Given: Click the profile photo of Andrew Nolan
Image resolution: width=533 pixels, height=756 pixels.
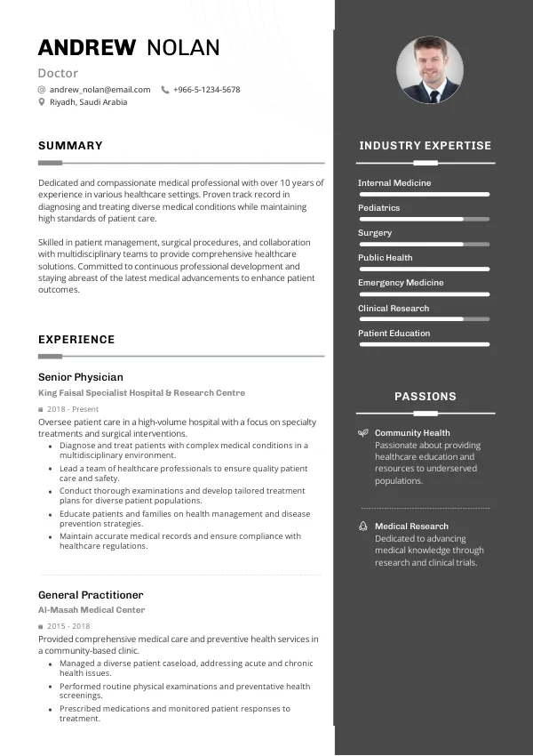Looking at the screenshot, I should pyautogui.click(x=430, y=70).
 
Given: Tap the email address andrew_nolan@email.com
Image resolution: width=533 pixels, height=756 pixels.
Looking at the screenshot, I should pyautogui.click(x=99, y=90).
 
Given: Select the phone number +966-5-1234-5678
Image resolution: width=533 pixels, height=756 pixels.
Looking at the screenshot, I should pyautogui.click(x=206, y=90).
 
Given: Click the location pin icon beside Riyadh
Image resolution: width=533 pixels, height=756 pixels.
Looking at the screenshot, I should pyautogui.click(x=42, y=102).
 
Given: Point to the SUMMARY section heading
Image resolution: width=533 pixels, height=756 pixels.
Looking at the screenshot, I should pyautogui.click(x=70, y=146).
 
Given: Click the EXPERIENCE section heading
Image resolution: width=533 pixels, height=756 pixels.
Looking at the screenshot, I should pyautogui.click(x=76, y=340).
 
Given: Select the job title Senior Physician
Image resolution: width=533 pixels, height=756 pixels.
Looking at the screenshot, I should pyautogui.click(x=81, y=377).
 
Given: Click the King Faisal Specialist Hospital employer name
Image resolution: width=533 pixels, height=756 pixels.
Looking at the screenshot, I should pyautogui.click(x=141, y=393).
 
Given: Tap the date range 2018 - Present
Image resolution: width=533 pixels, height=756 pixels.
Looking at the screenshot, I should pyautogui.click(x=73, y=409).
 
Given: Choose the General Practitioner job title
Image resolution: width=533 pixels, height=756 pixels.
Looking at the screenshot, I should pyautogui.click(x=91, y=595).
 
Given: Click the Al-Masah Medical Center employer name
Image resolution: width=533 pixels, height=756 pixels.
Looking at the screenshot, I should pyautogui.click(x=91, y=611).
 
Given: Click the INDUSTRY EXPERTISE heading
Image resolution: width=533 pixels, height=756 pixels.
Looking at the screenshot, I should pyautogui.click(x=425, y=146).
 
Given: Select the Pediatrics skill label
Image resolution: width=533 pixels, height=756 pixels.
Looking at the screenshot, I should pyautogui.click(x=379, y=208).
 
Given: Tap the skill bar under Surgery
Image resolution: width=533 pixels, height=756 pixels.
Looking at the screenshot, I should pyautogui.click(x=424, y=244).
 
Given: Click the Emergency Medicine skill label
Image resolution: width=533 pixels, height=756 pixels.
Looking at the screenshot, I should pyautogui.click(x=401, y=283).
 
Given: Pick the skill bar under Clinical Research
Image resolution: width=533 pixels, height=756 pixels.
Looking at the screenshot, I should pyautogui.click(x=424, y=318).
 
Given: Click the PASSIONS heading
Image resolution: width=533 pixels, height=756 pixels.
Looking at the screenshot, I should pyautogui.click(x=426, y=397).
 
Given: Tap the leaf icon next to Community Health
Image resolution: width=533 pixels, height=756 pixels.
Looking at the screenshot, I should pyautogui.click(x=362, y=433).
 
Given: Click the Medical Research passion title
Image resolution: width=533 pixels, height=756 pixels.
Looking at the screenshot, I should pyautogui.click(x=411, y=527).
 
